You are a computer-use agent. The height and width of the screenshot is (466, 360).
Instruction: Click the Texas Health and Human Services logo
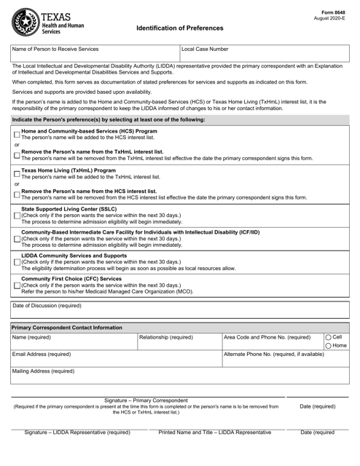point(48,23)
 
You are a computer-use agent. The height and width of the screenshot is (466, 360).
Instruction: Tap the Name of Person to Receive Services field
point(95,55)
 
